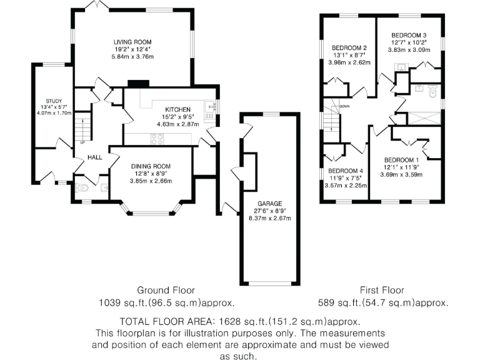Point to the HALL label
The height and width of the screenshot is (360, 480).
click(x=94, y=157)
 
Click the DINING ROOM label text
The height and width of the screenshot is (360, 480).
click(x=151, y=166)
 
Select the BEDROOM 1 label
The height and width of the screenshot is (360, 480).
click(x=402, y=159)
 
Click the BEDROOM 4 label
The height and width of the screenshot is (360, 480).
click(x=345, y=171)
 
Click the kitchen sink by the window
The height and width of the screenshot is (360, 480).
click(x=211, y=106)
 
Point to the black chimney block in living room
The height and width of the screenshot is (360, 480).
click(x=137, y=82)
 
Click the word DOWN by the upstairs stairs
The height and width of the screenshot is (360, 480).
click(x=344, y=107)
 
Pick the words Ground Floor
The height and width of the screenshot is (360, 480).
click(x=166, y=290)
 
